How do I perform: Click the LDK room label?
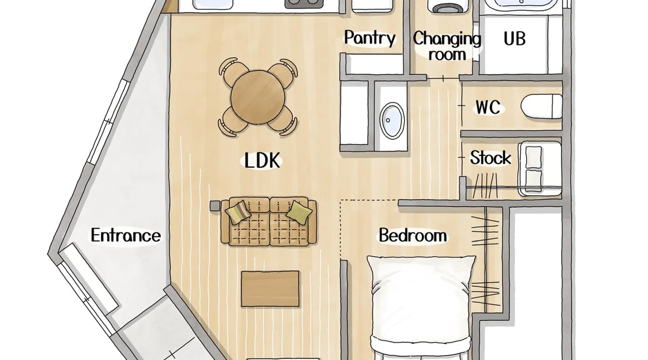click(x=262, y=160)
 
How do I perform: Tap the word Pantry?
click(x=370, y=38)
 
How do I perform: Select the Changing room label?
click(x=447, y=46)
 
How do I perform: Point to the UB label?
click(x=514, y=39)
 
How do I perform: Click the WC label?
click(x=488, y=107)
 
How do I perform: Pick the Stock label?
click(x=490, y=158)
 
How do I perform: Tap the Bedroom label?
click(x=413, y=236)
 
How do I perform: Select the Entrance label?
click(x=126, y=235)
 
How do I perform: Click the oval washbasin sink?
click(x=392, y=121)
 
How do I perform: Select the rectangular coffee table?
click(x=270, y=289)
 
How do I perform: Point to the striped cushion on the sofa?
click(x=238, y=212)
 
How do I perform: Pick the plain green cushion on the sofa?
click(x=299, y=212)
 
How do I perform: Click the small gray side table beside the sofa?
click(x=215, y=206)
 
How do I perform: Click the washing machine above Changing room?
click(x=446, y=6)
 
